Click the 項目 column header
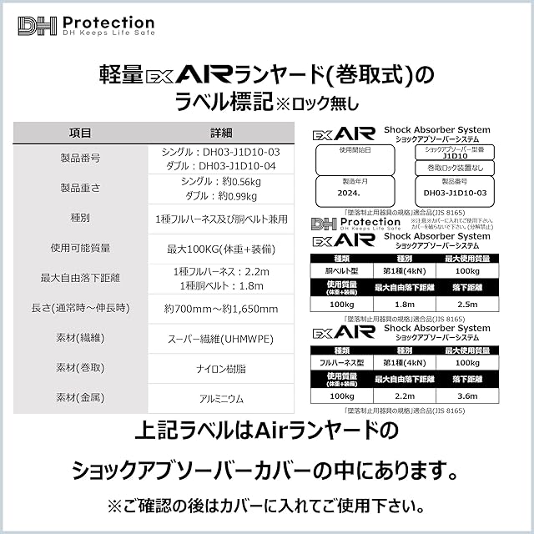tap(81, 133)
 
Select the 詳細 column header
tap(220, 133)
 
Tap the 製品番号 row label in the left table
tap(81, 159)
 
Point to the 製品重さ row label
tap(81, 188)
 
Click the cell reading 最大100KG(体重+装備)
tap(220, 248)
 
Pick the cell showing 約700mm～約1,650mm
tap(220, 309)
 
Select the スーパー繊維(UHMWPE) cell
tap(220, 338)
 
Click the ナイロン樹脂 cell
tap(220, 367)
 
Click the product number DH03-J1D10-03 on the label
tap(456, 193)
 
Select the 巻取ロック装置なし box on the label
tap(455, 167)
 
